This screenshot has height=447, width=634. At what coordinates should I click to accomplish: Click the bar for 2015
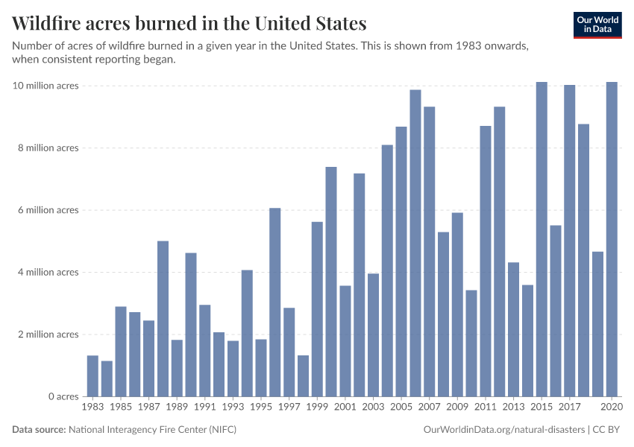[x=542, y=239]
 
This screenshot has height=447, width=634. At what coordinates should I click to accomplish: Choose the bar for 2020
[x=612, y=239]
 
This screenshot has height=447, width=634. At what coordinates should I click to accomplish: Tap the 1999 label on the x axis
[x=317, y=408]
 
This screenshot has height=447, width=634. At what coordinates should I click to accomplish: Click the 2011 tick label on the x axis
[x=485, y=408]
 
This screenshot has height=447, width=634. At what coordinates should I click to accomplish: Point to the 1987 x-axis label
[x=148, y=408]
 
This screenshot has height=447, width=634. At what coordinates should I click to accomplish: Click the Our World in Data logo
[x=597, y=25]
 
